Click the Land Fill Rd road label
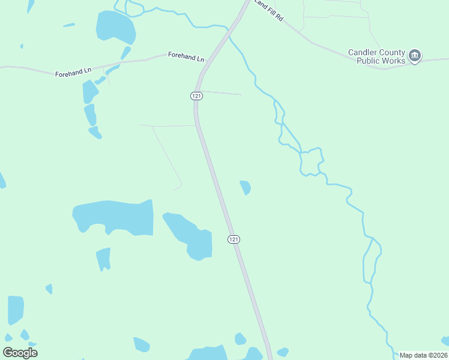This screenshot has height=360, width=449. [x=268, y=10]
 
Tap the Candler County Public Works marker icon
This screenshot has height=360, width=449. [x=415, y=56]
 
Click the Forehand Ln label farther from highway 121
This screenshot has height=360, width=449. [x=73, y=71]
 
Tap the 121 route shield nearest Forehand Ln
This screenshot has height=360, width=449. [x=196, y=96]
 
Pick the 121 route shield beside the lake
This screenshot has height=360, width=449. [x=234, y=239]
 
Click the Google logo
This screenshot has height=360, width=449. [x=20, y=352]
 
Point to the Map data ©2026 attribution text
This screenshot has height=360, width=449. [x=423, y=355]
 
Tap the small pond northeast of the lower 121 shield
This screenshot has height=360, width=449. [x=245, y=188]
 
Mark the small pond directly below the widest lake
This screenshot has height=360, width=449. [x=104, y=259]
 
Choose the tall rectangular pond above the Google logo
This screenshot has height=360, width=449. [x=16, y=310]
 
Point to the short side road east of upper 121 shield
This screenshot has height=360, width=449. [x=221, y=93]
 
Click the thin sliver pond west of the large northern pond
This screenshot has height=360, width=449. [x=69, y=25]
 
